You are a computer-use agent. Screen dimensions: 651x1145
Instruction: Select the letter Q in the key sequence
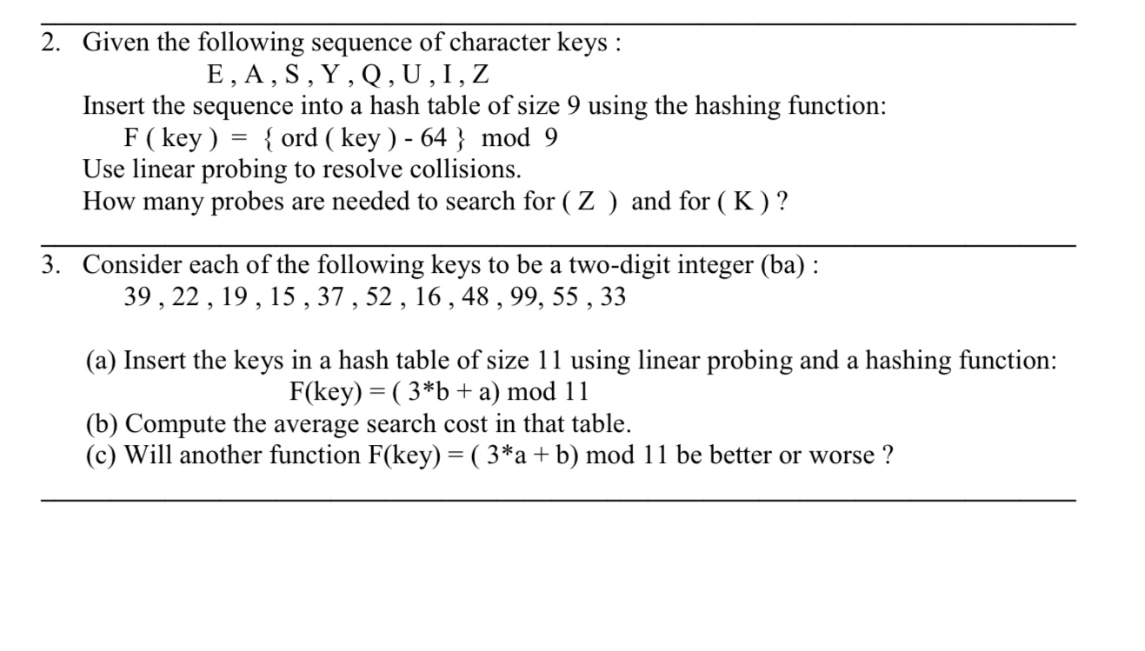[x=370, y=75]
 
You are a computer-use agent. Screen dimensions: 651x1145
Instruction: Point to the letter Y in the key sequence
[x=330, y=75]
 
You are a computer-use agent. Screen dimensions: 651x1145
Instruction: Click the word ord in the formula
[x=300, y=138]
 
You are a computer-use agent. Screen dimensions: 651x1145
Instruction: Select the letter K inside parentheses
[x=743, y=202]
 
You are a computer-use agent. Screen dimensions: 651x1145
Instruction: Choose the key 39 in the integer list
[x=139, y=297]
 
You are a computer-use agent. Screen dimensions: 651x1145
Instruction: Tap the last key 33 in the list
[x=612, y=297]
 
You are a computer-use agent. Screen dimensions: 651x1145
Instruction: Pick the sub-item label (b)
[x=102, y=423]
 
